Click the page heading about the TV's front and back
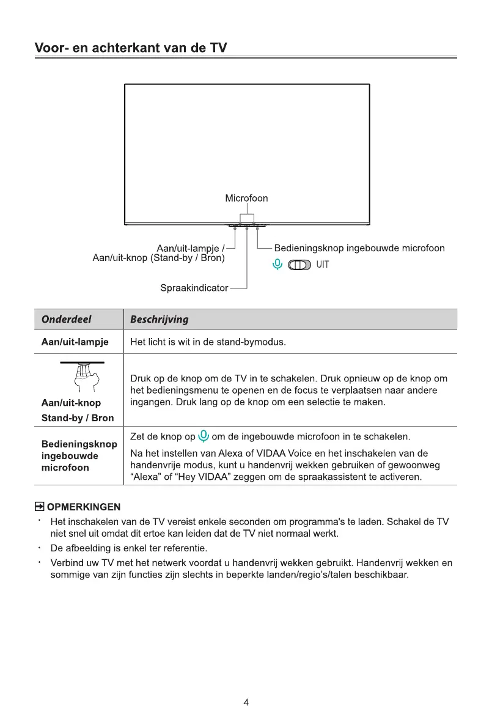131,48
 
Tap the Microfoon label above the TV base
246,198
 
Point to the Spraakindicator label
194,287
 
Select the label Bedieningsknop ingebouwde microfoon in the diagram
359,248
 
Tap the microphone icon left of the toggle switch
277,265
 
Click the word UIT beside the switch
322,265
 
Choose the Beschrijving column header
160,320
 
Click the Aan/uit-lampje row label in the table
75,342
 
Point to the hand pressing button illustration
82,377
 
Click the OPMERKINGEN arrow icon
39,507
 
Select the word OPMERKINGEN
84,507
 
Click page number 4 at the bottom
246,702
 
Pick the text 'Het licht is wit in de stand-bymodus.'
208,342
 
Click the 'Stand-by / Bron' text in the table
77,418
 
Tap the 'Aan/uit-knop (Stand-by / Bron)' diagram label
158,259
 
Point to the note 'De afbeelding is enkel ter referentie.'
129,547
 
